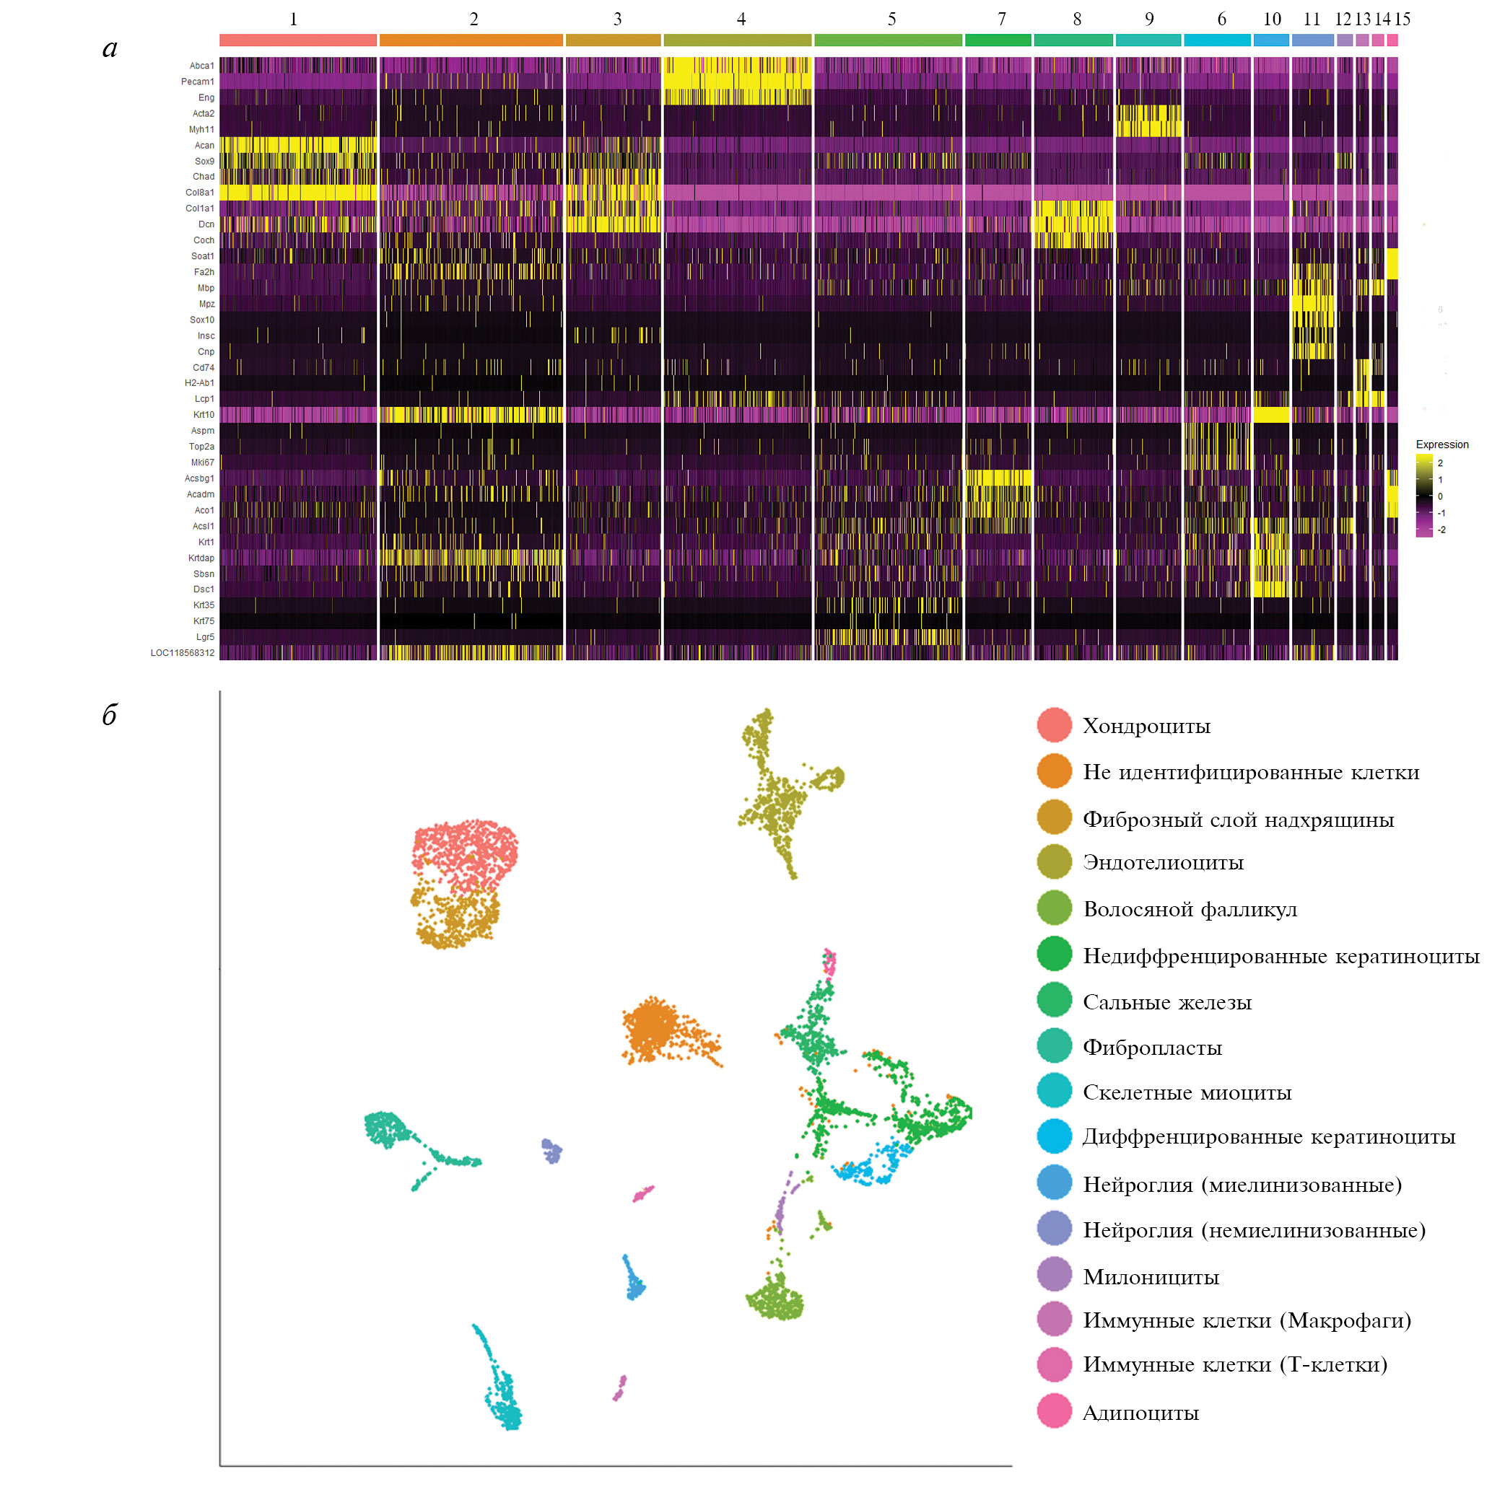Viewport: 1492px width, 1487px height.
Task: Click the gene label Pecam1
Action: tap(197, 82)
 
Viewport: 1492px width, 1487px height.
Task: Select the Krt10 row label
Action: tap(203, 415)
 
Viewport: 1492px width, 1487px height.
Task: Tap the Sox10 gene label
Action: tap(201, 320)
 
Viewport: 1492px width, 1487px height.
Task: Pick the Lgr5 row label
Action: tap(205, 637)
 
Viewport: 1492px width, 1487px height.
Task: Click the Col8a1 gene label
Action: tap(199, 192)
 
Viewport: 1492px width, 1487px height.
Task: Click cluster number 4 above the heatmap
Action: tap(741, 19)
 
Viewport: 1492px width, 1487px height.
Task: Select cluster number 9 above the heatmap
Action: tap(1148, 19)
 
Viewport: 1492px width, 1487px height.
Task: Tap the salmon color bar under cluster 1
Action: tap(297, 40)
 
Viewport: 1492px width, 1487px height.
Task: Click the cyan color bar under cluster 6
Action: tap(1216, 40)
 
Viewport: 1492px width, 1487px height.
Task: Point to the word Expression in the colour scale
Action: tap(1441, 444)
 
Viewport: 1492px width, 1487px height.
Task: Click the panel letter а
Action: tap(110, 48)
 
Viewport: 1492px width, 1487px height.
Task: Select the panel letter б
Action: tap(110, 715)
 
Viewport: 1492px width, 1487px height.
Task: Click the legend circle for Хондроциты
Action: tap(1054, 725)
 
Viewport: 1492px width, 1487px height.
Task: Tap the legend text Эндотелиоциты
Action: tap(1162, 862)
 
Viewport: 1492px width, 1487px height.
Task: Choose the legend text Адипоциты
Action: tap(1140, 1413)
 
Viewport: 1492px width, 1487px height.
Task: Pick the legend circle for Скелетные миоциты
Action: tap(1054, 1091)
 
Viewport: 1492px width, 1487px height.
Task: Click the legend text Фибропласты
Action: tap(1151, 1048)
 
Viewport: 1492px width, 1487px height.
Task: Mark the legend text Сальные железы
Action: tap(1166, 1002)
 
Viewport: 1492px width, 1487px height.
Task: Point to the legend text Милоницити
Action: tap(1151, 1277)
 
